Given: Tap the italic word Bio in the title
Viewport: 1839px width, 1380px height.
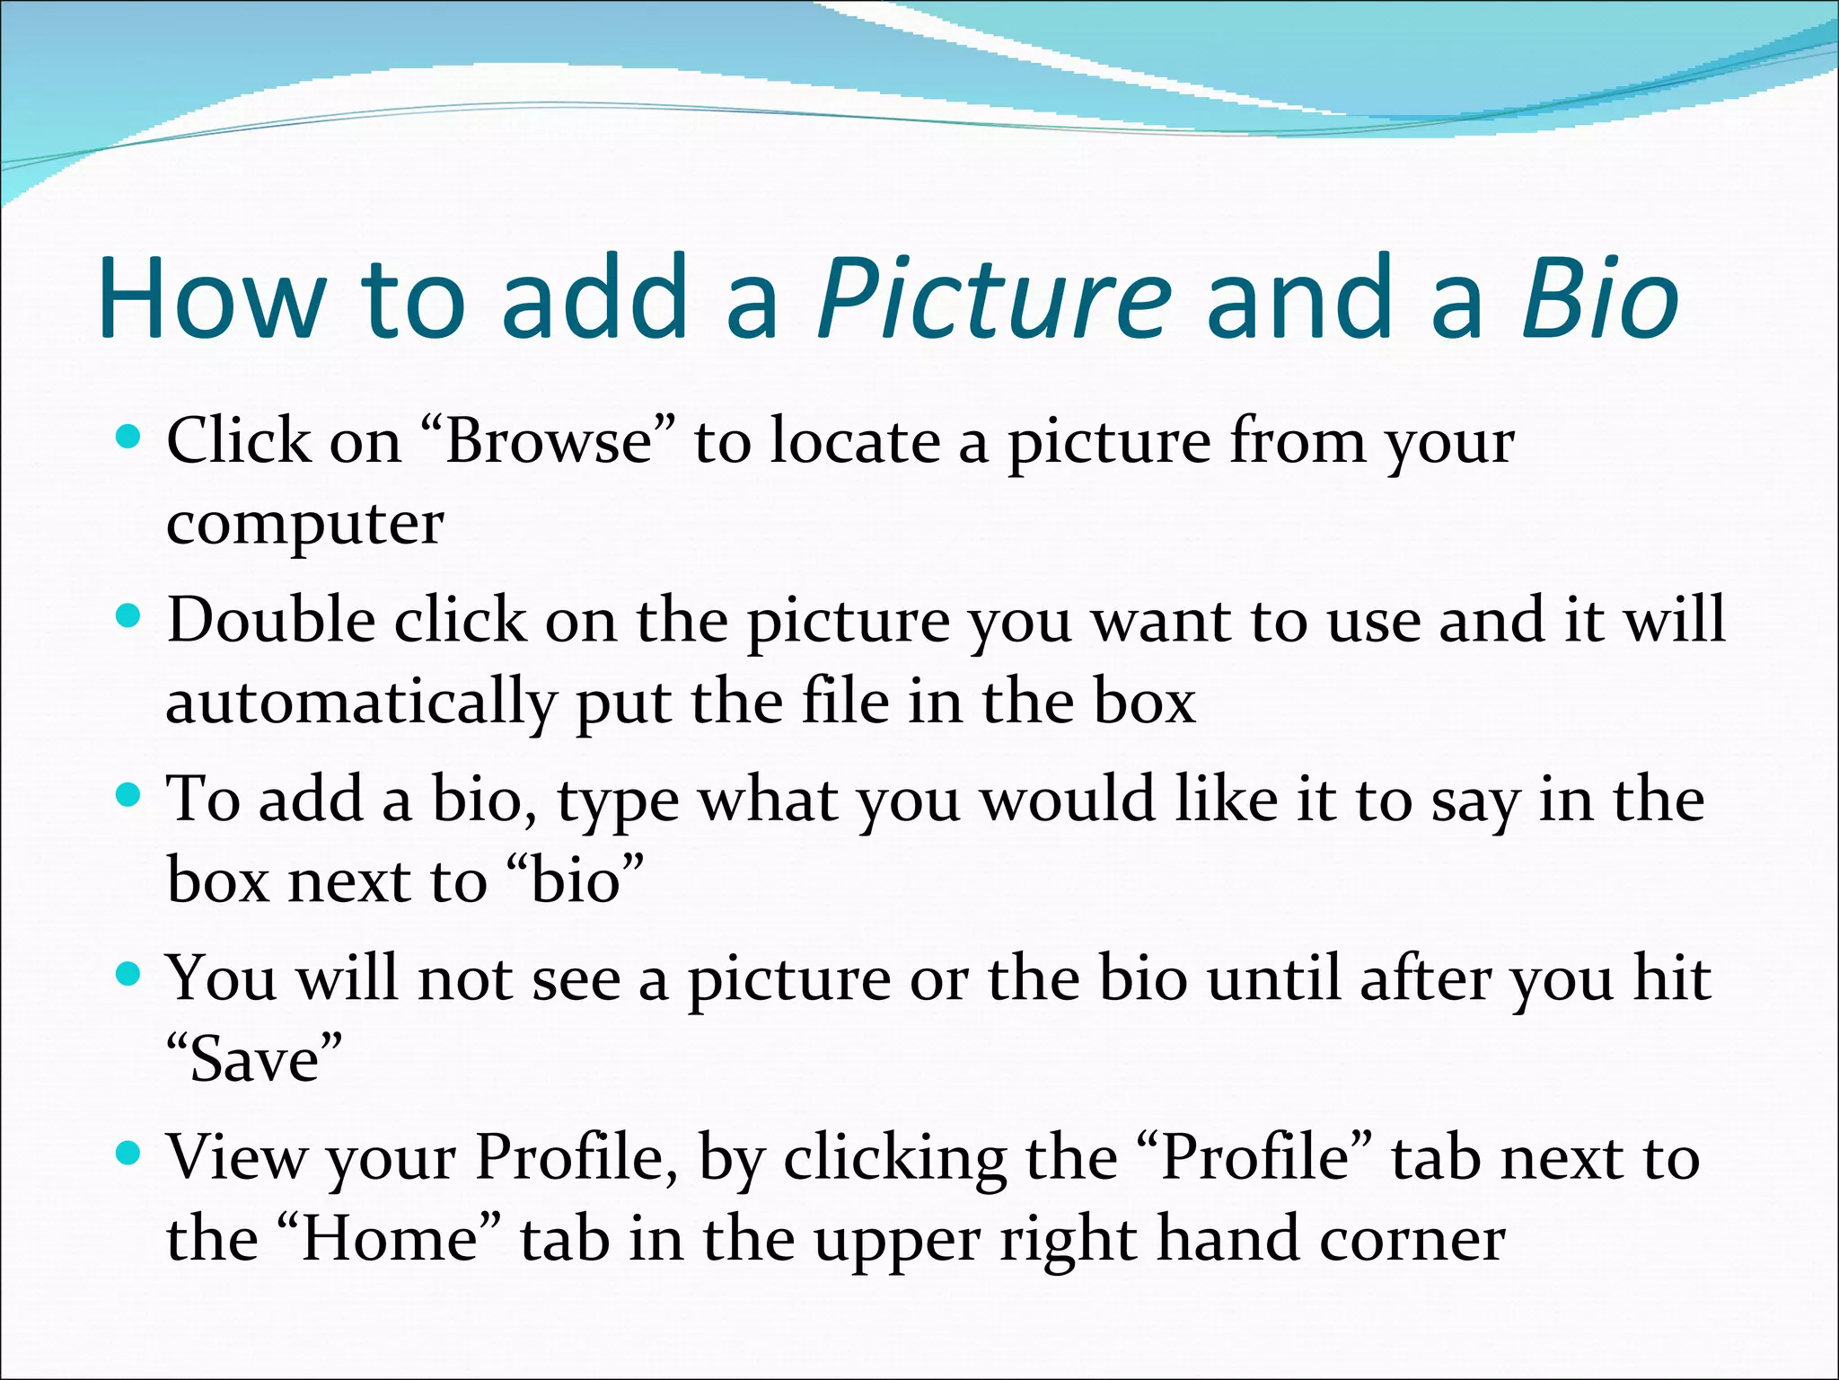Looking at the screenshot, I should click(x=1599, y=300).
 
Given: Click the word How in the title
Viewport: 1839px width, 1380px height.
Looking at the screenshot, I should click(x=212, y=300).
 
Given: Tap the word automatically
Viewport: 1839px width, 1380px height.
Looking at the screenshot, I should click(x=360, y=703).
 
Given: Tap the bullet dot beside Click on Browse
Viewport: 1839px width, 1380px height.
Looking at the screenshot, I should click(x=129, y=438).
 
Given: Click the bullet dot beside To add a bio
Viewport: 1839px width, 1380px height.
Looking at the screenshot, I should click(x=129, y=795).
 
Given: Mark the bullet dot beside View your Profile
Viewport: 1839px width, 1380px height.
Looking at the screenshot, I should click(x=129, y=1153).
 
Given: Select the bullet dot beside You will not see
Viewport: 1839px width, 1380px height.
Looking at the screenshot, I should click(x=129, y=974).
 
